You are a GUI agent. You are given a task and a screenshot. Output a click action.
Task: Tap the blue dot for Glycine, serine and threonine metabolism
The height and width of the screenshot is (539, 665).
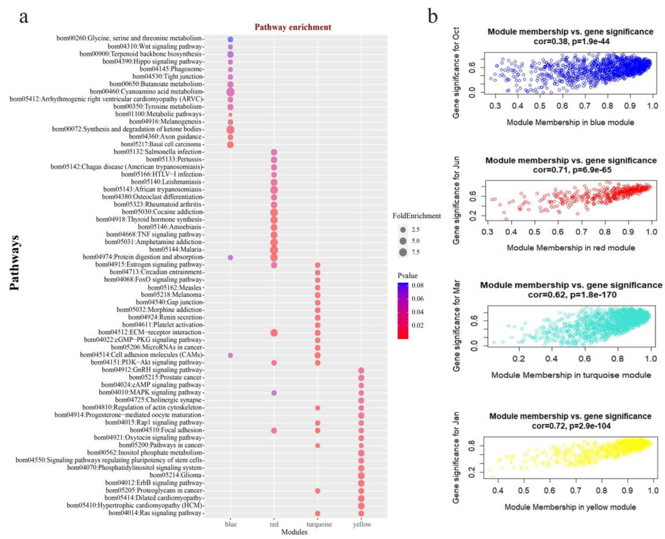230,39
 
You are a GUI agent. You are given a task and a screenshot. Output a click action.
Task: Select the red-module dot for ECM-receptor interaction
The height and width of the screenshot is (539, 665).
274,333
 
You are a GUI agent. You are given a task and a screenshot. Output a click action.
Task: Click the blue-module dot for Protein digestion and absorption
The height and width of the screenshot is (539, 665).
230,257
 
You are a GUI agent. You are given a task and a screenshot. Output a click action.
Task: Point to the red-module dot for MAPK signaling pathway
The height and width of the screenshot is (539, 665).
274,393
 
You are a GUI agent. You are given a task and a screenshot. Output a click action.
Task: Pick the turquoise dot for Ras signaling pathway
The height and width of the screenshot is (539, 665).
317,514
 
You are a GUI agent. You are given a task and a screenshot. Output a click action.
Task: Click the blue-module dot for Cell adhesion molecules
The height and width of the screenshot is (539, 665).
230,355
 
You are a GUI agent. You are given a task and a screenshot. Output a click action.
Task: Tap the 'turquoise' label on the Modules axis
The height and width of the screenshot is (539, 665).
319,524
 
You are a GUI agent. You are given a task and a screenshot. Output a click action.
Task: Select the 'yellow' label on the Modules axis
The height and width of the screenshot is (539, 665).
362,524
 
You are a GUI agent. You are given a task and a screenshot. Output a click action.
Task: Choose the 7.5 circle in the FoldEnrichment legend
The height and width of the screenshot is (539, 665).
403,252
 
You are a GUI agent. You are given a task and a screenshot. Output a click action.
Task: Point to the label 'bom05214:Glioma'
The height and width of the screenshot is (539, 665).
176,475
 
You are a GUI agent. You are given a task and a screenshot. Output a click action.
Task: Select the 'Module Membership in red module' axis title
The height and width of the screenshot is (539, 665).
571,248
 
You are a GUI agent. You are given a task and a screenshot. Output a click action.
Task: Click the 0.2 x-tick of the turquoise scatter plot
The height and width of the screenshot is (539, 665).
518,359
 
